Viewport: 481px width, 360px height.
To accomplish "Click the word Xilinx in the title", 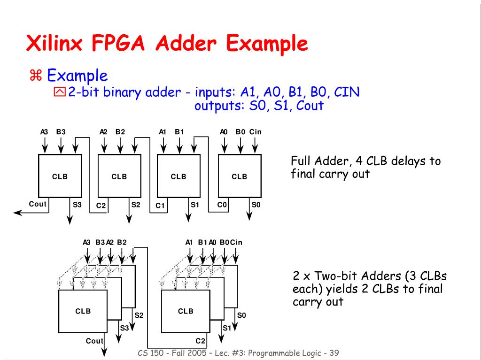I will tap(55, 44).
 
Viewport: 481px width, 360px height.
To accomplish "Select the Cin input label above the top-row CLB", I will tap(255, 132).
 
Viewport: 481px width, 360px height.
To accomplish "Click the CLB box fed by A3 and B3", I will tap(60, 176).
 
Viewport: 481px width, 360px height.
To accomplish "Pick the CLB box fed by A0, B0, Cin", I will tap(240, 176).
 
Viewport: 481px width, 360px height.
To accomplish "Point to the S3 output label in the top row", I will tap(77, 204).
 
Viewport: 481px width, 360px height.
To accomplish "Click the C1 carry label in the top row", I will tap(161, 205).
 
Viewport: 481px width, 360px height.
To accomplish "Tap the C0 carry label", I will tap(222, 204).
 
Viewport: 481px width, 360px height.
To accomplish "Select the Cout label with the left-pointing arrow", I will tap(38, 204).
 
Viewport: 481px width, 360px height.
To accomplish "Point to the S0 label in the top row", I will tap(256, 204).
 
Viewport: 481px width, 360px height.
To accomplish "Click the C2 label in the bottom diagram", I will tap(201, 341).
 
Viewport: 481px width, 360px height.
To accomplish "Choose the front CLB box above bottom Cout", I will tap(83, 311).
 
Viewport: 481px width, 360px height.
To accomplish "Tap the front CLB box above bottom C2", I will tap(186, 311).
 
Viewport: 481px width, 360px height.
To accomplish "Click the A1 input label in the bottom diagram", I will tap(189, 242).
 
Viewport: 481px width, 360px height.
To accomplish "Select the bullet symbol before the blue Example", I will tap(35, 75).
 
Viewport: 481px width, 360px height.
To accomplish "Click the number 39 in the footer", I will tap(334, 353).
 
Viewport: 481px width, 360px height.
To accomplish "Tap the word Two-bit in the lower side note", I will tap(340, 276).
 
